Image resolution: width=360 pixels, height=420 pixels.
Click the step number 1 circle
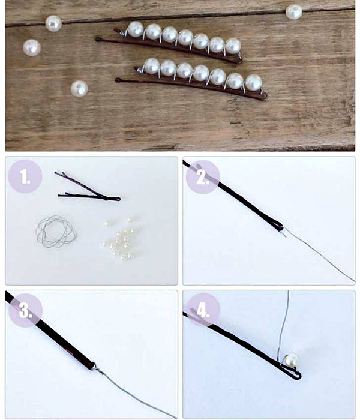[25, 176]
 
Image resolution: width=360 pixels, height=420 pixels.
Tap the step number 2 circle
[203, 177]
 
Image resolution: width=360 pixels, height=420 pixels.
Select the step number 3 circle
[25, 310]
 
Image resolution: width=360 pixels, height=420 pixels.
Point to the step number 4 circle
[203, 310]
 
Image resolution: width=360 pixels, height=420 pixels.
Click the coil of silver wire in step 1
[56, 232]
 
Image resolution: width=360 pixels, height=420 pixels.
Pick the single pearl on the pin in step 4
[291, 361]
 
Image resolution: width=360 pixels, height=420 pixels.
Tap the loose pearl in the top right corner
[294, 12]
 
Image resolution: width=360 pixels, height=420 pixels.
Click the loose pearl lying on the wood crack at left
[53, 23]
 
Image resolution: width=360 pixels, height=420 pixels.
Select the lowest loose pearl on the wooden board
[79, 89]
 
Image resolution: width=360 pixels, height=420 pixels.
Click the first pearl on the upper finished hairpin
[136, 29]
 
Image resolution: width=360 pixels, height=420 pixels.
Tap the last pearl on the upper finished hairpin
[233, 46]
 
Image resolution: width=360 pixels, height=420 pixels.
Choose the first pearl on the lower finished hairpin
[152, 66]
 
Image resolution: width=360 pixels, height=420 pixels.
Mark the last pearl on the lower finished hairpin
[253, 83]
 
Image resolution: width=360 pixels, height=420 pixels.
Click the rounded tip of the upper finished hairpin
[98, 40]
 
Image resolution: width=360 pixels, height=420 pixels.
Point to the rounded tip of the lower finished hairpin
[118, 80]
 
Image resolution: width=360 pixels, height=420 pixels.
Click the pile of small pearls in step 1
[119, 239]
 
